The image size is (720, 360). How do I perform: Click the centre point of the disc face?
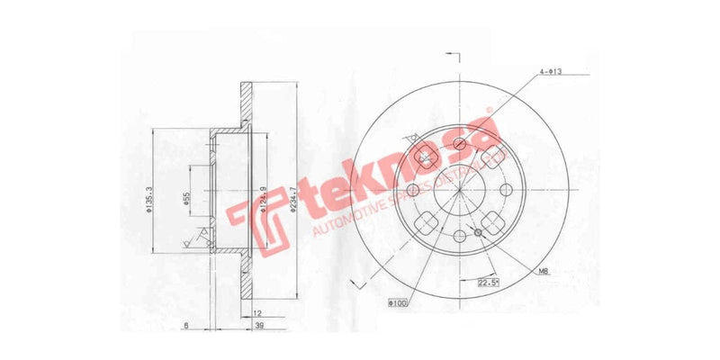[459, 189]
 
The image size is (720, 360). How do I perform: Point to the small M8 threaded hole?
[478, 233]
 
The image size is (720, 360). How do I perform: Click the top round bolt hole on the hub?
[459, 143]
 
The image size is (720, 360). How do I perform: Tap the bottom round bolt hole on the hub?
[459, 236]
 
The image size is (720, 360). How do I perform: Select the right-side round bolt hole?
[505, 189]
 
